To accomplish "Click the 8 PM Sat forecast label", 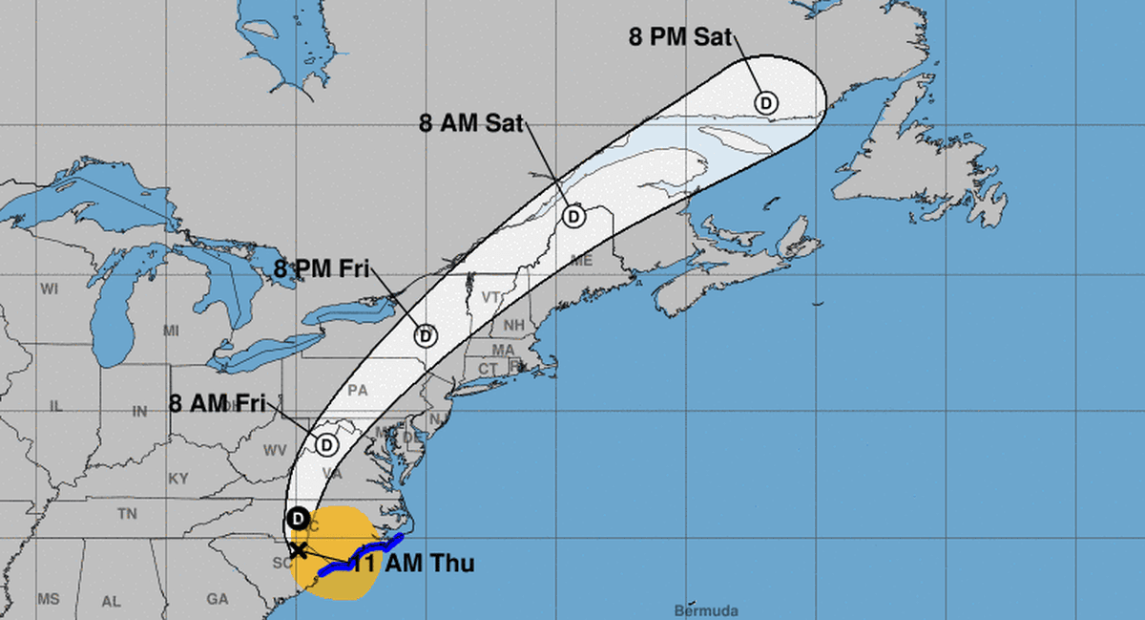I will [x=679, y=38].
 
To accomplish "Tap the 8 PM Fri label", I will [x=321, y=267].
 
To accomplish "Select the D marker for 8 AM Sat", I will [x=573, y=217].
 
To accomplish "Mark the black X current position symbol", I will [x=298, y=549].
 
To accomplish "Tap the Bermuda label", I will [x=706, y=609].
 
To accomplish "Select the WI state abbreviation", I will [x=50, y=288].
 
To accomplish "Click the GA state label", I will [x=218, y=599].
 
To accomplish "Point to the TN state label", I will [x=127, y=514].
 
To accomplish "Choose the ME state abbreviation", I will [x=581, y=261].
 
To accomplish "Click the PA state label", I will [x=358, y=390].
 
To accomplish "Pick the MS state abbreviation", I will [x=49, y=599].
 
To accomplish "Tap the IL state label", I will [x=55, y=406].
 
